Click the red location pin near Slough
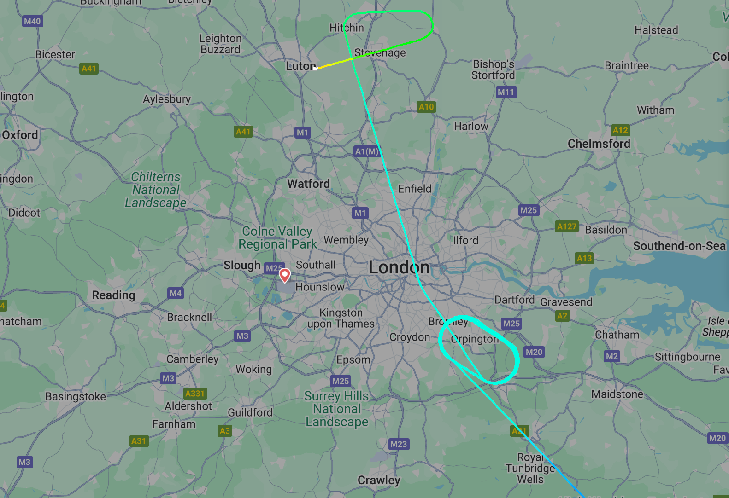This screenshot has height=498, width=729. [285, 275]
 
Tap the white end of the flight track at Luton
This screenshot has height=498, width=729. [316, 68]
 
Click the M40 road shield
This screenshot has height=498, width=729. [32, 21]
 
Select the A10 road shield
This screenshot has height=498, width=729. [426, 107]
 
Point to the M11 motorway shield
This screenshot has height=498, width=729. [506, 92]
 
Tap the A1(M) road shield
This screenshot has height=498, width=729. [367, 151]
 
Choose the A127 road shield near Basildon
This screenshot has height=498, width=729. [567, 226]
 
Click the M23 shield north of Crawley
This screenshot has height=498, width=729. [399, 444]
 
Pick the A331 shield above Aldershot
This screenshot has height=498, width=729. [195, 394]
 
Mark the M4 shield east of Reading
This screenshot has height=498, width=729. [176, 293]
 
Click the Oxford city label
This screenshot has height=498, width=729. [20, 135]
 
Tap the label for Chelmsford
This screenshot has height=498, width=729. [599, 144]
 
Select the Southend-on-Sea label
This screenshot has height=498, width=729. [679, 246]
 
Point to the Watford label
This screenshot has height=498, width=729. [308, 184]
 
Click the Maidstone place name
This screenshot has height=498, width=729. [617, 394]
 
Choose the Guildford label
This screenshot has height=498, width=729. [250, 412]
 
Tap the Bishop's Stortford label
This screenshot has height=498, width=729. [493, 69]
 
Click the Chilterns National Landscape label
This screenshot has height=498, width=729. [156, 190]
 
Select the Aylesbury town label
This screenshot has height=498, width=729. [166, 99]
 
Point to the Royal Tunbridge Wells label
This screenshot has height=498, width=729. [530, 468]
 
